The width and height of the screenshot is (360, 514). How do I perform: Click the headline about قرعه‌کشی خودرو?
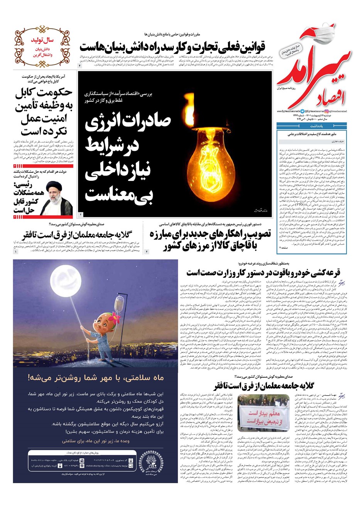click(263, 273)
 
